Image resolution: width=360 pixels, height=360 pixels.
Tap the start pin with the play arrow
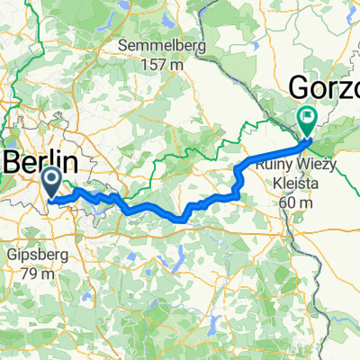[x=50, y=183]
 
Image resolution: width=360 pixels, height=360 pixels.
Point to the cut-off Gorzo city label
[x=324, y=87]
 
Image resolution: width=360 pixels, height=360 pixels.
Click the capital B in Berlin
[x=17, y=163]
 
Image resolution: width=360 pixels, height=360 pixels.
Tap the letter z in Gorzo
[x=347, y=87]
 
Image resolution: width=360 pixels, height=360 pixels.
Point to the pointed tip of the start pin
[x=50, y=197]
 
